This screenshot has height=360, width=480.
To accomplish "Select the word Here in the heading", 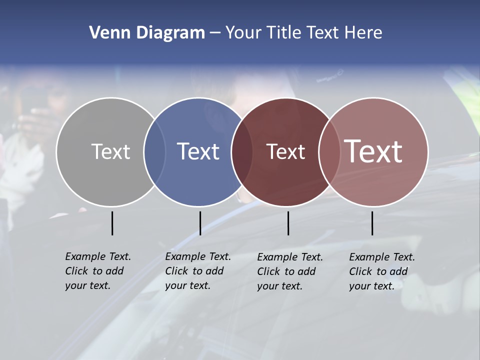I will [363, 33].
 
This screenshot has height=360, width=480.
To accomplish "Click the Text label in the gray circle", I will [110, 151].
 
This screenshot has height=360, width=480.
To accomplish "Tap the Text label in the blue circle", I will [198, 151].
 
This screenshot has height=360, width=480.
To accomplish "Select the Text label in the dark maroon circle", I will [285, 152].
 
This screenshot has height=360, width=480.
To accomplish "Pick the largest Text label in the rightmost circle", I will [373, 151].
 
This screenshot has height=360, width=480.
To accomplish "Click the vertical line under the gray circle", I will [112, 223].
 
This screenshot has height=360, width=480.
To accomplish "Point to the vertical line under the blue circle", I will [200, 223].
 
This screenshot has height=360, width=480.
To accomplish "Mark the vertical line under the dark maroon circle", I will [288, 223].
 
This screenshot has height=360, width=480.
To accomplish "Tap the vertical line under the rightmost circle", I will [372, 223].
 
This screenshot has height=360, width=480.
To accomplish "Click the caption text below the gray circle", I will [97, 271].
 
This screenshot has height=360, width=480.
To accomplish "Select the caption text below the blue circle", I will [197, 271].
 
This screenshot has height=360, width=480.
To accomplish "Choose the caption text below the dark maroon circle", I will [289, 271].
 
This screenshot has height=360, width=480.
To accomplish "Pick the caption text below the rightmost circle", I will [381, 271].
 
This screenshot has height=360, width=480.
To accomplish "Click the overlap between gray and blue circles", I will [154, 152].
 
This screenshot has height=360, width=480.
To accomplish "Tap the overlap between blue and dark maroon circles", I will [241, 152].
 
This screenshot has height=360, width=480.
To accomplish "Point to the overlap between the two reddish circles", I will [327, 152].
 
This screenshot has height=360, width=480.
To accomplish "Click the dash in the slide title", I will [215, 33].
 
